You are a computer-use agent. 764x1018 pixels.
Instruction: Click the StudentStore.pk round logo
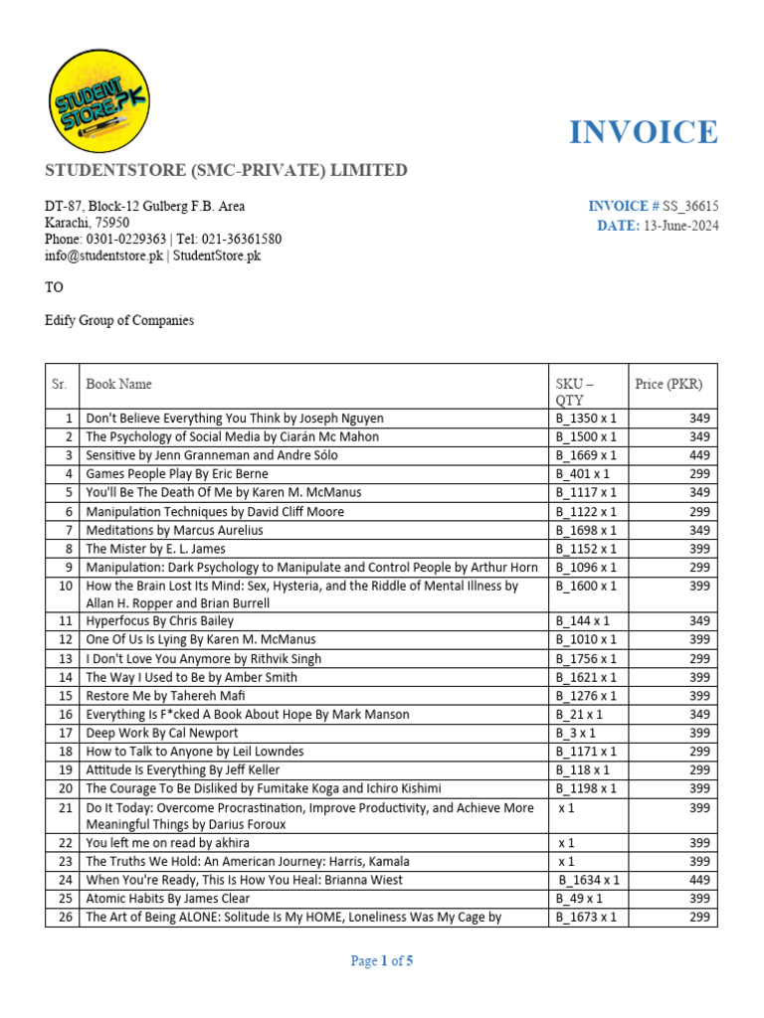(x=98, y=100)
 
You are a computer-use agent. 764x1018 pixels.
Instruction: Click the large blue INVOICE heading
(x=643, y=132)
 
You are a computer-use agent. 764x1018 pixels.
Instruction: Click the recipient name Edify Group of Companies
(x=119, y=321)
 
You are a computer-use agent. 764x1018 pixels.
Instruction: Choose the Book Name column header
(x=119, y=385)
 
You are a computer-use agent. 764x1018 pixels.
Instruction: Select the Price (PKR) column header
(x=668, y=385)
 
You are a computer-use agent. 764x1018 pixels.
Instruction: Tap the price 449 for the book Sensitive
(x=699, y=455)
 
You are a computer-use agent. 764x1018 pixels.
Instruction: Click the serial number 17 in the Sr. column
(x=67, y=733)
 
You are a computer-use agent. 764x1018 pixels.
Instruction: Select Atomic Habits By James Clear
(x=165, y=899)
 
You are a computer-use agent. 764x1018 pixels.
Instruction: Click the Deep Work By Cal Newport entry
(x=162, y=733)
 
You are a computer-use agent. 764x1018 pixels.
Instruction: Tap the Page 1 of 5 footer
(x=382, y=961)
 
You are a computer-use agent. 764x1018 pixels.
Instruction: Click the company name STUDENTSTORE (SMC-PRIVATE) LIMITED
(x=226, y=170)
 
